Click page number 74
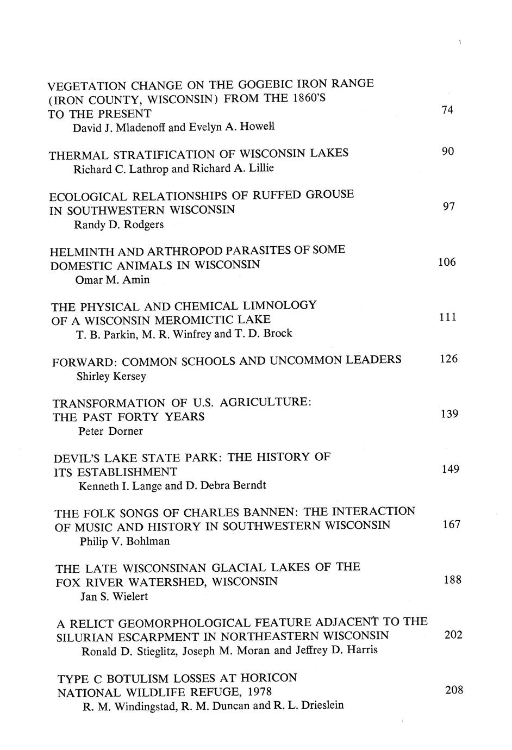click(x=447, y=110)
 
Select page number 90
click(x=447, y=151)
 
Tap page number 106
click(x=447, y=262)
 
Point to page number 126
click(x=448, y=359)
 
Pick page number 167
click(x=451, y=524)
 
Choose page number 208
click(x=454, y=690)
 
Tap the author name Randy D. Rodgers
click(x=118, y=224)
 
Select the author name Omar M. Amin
click(x=113, y=280)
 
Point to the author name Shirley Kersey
click(x=111, y=376)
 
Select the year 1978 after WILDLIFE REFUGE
click(x=258, y=692)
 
